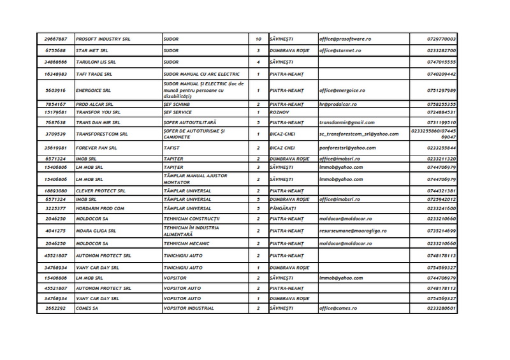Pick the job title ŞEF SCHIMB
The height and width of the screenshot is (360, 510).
pos(177,103)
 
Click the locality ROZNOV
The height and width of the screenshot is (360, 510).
pos(279,112)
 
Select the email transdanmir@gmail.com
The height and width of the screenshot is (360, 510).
pos(347,122)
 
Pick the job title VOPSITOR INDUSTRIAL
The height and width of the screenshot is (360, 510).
pos(193,308)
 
